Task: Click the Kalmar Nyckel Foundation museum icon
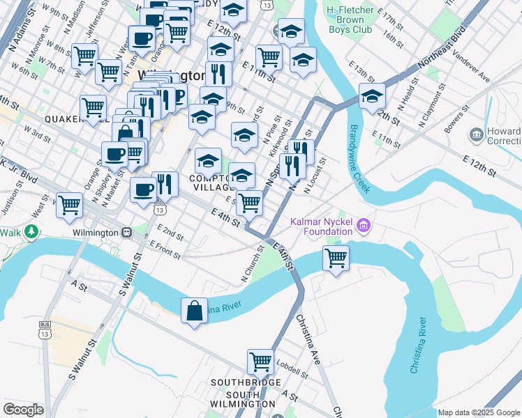click(x=363, y=225)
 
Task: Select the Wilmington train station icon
click(x=127, y=231)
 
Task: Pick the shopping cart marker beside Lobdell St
click(x=260, y=362)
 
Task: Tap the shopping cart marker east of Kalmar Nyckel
click(x=336, y=258)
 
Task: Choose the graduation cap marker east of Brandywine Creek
click(x=372, y=97)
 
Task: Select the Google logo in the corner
click(x=23, y=410)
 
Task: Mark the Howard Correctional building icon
click(x=477, y=133)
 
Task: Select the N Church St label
click(x=253, y=264)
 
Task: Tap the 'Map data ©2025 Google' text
click(x=478, y=412)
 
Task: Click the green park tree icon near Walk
click(x=31, y=231)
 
